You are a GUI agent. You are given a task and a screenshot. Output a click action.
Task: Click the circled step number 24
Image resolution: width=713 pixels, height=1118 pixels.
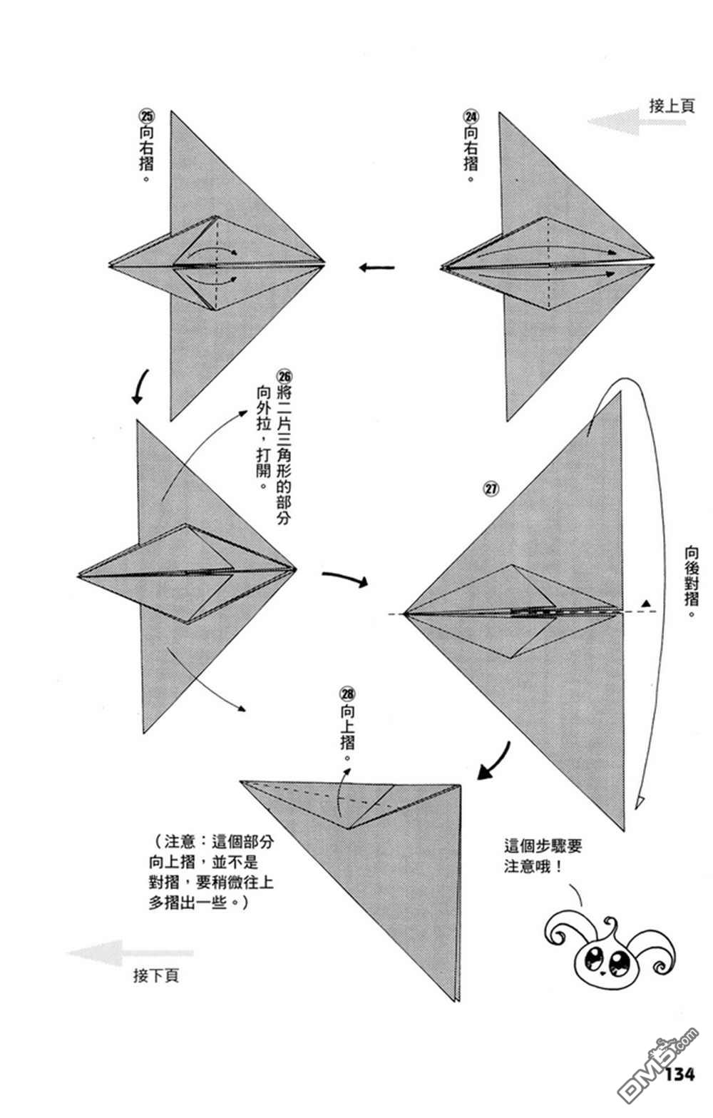click(x=471, y=117)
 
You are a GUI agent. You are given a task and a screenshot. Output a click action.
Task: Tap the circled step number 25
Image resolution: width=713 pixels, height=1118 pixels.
click(x=146, y=116)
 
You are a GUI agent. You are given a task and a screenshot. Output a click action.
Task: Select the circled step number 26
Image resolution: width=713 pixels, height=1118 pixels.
click(x=283, y=376)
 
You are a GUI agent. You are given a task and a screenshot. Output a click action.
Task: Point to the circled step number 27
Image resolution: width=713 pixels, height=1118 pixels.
click(x=491, y=488)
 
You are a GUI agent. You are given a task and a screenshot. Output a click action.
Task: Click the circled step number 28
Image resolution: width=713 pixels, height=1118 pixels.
click(x=347, y=693)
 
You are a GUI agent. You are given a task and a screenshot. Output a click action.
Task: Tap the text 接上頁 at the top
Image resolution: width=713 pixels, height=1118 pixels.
click(x=672, y=106)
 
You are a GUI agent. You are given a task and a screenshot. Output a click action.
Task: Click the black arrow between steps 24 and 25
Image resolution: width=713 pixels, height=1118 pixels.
click(x=376, y=268)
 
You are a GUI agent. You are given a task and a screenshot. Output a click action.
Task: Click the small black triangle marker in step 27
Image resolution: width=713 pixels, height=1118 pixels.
click(x=647, y=604)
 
